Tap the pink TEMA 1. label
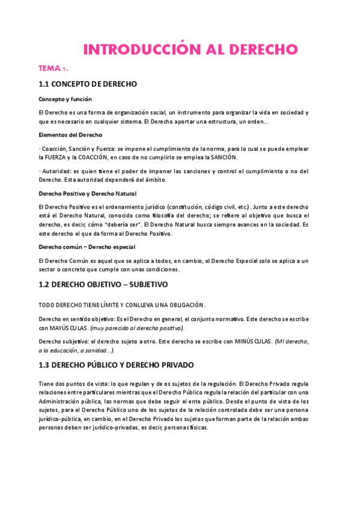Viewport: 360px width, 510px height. coord(53,69)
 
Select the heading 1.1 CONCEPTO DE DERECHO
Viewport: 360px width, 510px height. coord(88,84)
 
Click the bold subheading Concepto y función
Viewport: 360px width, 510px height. coord(65,99)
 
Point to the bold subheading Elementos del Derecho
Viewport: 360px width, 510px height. coord(70,135)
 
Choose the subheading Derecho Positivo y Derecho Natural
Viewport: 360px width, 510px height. coord(88,193)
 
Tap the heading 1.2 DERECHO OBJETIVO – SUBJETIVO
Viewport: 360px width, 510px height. coord(103,284)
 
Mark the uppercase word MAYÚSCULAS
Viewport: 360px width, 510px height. coord(66,328)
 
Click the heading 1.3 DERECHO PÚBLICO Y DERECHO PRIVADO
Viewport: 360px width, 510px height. coord(124,365)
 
